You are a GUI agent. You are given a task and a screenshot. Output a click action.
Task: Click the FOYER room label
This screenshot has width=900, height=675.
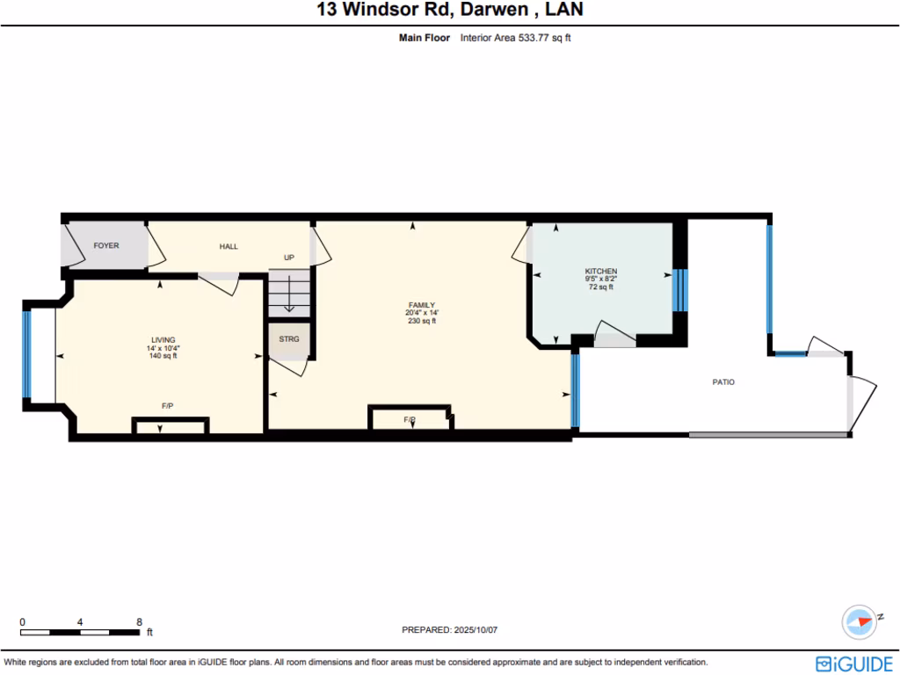106,246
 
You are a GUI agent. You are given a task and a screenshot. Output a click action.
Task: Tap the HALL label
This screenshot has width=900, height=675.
229,247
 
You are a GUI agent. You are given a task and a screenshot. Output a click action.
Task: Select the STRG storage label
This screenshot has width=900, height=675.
288,339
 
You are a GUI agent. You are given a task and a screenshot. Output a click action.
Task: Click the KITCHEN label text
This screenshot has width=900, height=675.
601,271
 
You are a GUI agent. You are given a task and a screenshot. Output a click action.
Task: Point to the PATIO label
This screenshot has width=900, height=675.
722,382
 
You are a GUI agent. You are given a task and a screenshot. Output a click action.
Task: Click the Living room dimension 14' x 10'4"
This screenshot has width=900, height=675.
163,348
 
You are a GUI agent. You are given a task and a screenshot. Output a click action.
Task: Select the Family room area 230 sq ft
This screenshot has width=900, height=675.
421,321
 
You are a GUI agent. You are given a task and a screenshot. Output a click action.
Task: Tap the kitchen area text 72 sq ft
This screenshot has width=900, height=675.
601,287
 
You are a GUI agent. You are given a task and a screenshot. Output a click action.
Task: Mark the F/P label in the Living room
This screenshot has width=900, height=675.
167,406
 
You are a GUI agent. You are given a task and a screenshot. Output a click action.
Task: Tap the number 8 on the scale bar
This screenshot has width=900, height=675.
139,621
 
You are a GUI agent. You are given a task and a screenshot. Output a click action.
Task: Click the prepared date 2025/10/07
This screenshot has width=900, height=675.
480,630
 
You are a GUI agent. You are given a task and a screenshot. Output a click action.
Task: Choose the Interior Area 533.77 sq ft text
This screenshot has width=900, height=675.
516,38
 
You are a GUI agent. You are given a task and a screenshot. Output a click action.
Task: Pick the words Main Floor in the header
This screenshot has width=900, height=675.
425,38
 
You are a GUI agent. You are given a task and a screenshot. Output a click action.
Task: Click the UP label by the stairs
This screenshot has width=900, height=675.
288,258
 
